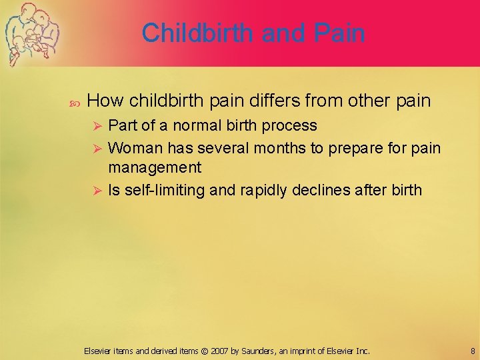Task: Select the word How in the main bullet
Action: [x=105, y=101]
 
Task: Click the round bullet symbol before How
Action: [x=74, y=102]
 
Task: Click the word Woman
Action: [x=135, y=147]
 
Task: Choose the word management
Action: [x=155, y=167]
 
